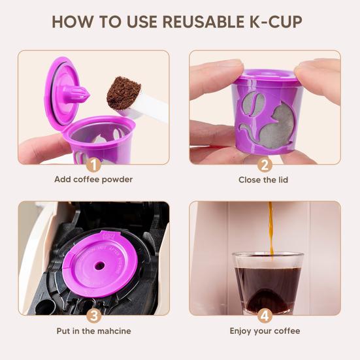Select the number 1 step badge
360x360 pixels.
pyautogui.click(x=93, y=165)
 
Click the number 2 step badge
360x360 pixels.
pyautogui.click(x=265, y=165)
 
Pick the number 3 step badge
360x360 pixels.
pyautogui.click(x=93, y=316)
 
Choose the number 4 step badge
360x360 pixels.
pyautogui.click(x=265, y=316)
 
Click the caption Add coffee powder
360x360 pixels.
pyautogui.click(x=93, y=180)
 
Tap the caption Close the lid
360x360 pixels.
pyautogui.click(x=265, y=180)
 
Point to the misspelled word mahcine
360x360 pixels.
pyautogui.click(x=112, y=331)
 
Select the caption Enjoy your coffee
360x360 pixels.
pyautogui.click(x=265, y=331)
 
